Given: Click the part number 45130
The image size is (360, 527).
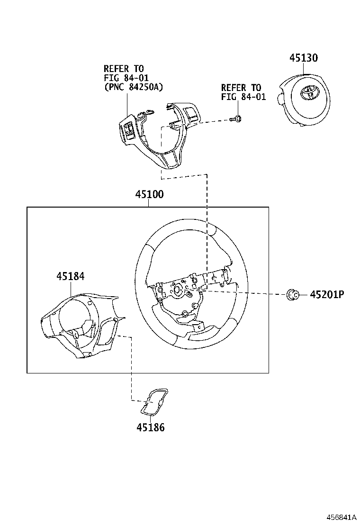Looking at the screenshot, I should pos(304,58).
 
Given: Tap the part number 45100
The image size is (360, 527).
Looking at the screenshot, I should pos(149,194).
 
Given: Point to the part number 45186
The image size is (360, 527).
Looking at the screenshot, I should pos(151,427).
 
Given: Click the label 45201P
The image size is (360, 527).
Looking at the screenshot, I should pos(327,295).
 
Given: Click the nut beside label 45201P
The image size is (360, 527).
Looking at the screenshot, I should pos(292,295).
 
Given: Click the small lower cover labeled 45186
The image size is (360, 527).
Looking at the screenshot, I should pos(154,402).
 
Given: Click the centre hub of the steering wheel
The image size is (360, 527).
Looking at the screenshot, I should pos(179,290).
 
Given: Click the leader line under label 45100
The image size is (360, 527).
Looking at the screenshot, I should pos(149,203).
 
